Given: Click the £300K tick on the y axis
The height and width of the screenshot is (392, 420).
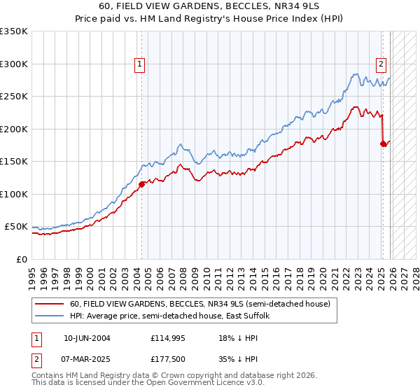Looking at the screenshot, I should coord(14,64).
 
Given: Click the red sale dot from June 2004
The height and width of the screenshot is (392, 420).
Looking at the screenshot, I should coord(141,185).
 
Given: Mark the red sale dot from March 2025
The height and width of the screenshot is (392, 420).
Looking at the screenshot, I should coord(383,144).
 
